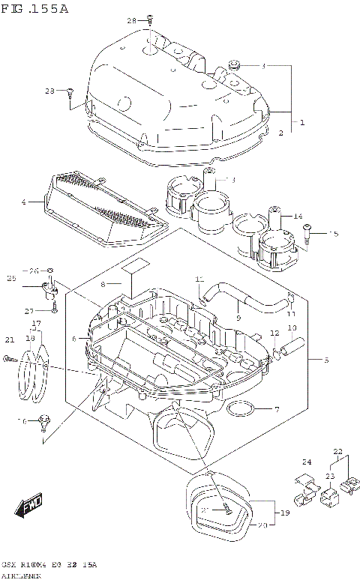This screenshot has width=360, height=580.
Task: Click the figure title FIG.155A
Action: [x=35, y=9]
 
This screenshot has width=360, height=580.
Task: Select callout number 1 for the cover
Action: [x=302, y=122]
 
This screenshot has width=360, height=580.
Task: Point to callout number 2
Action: [x=280, y=133]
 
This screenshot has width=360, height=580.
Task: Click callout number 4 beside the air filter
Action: [x=24, y=202]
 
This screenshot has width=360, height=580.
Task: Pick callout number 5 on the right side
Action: [x=325, y=360]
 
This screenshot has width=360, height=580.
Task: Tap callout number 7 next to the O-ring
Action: [x=276, y=409]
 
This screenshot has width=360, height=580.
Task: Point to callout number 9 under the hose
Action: [x=238, y=317]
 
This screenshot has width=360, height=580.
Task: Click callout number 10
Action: [x=292, y=328]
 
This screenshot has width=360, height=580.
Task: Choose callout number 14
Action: [x=298, y=217]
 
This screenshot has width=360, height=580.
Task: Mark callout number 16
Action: [x=23, y=421]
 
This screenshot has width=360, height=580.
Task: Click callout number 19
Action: [x=284, y=513]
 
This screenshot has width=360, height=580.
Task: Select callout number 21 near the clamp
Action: [x=10, y=339]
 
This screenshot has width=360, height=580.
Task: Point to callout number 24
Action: [x=306, y=462]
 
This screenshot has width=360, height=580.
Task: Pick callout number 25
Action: [x=11, y=279]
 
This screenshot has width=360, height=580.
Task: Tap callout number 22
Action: [x=337, y=451]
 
